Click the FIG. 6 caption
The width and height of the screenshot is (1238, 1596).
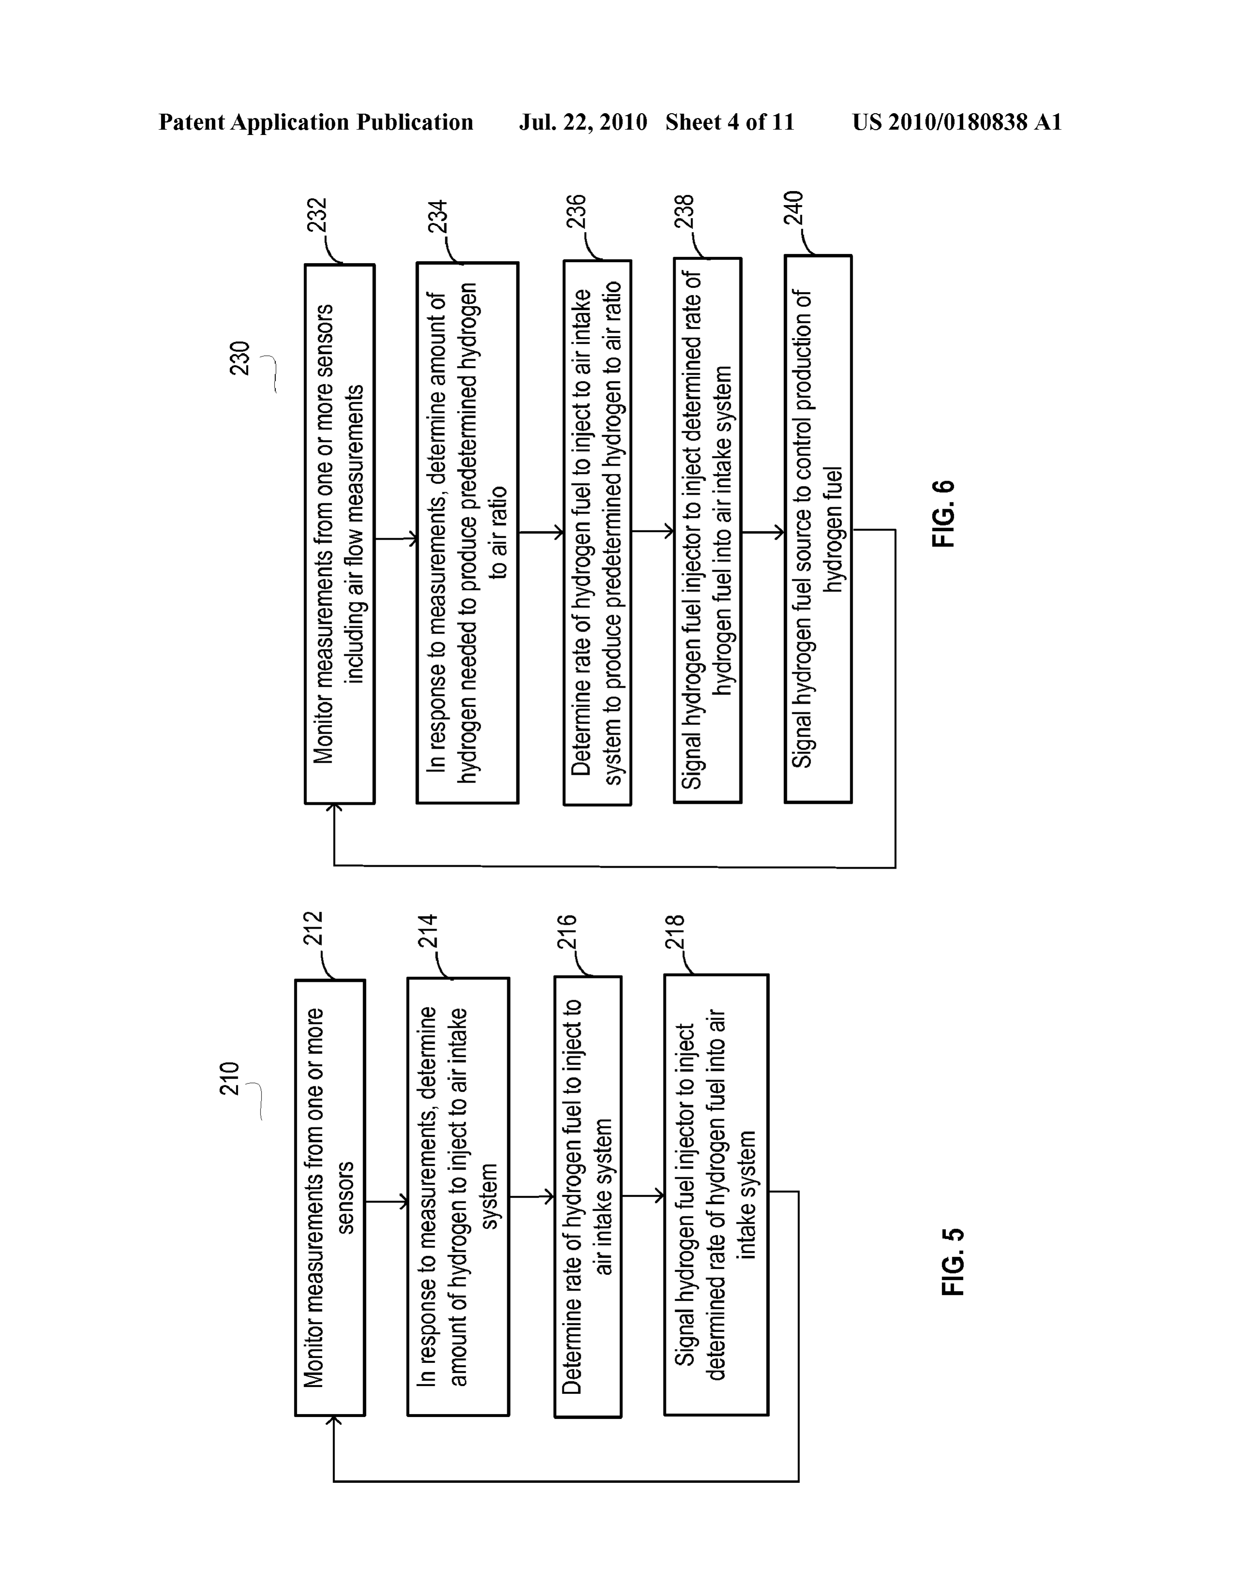point(943,513)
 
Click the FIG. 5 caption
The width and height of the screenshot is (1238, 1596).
point(953,1262)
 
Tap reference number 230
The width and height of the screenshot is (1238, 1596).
point(240,358)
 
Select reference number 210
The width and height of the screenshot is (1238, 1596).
point(230,1079)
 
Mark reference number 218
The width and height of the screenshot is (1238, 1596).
point(675,932)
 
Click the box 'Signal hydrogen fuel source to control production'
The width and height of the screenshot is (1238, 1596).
point(818,529)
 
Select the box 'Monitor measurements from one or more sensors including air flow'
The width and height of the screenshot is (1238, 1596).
point(340,534)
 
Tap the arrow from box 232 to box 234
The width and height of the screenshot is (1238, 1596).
point(396,539)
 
